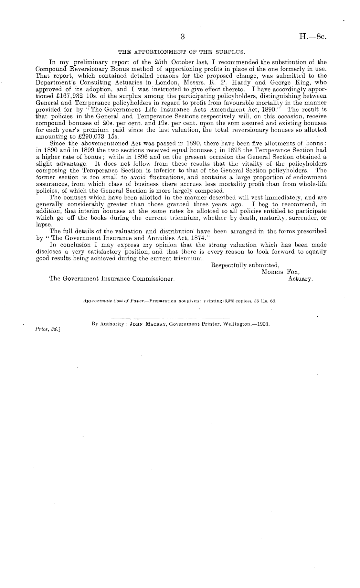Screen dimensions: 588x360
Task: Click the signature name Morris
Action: [x=272, y=272]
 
